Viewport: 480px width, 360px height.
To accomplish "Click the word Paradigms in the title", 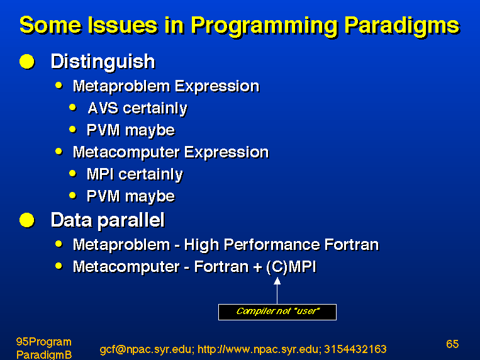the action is tap(402, 26).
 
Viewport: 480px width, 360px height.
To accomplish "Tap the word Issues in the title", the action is tap(122, 25).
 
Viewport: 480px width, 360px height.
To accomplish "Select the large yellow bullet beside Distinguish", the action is tap(27, 62).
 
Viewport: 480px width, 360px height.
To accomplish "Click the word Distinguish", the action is tap(103, 62).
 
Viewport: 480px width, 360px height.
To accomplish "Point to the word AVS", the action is tap(103, 108).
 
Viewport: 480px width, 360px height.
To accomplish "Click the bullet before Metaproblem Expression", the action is tap(59, 85).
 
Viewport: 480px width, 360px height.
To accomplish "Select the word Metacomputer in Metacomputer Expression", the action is tap(126, 152).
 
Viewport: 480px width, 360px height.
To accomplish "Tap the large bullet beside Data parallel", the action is tap(27, 220).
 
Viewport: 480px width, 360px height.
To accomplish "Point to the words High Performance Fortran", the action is tap(281, 245).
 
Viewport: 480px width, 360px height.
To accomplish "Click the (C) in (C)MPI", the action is tap(277, 267).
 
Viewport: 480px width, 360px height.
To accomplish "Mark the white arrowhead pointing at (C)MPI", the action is tap(277, 281).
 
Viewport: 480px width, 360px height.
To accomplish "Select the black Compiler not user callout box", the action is tap(277, 312).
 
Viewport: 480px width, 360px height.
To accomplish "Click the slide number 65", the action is tap(452, 344).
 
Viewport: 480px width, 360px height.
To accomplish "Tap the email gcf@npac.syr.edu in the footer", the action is tap(147, 349).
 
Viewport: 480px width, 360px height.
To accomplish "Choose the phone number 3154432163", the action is tap(355, 349).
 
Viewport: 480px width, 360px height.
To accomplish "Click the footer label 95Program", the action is tap(44, 342).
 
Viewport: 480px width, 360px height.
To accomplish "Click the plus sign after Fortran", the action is tap(258, 267).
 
